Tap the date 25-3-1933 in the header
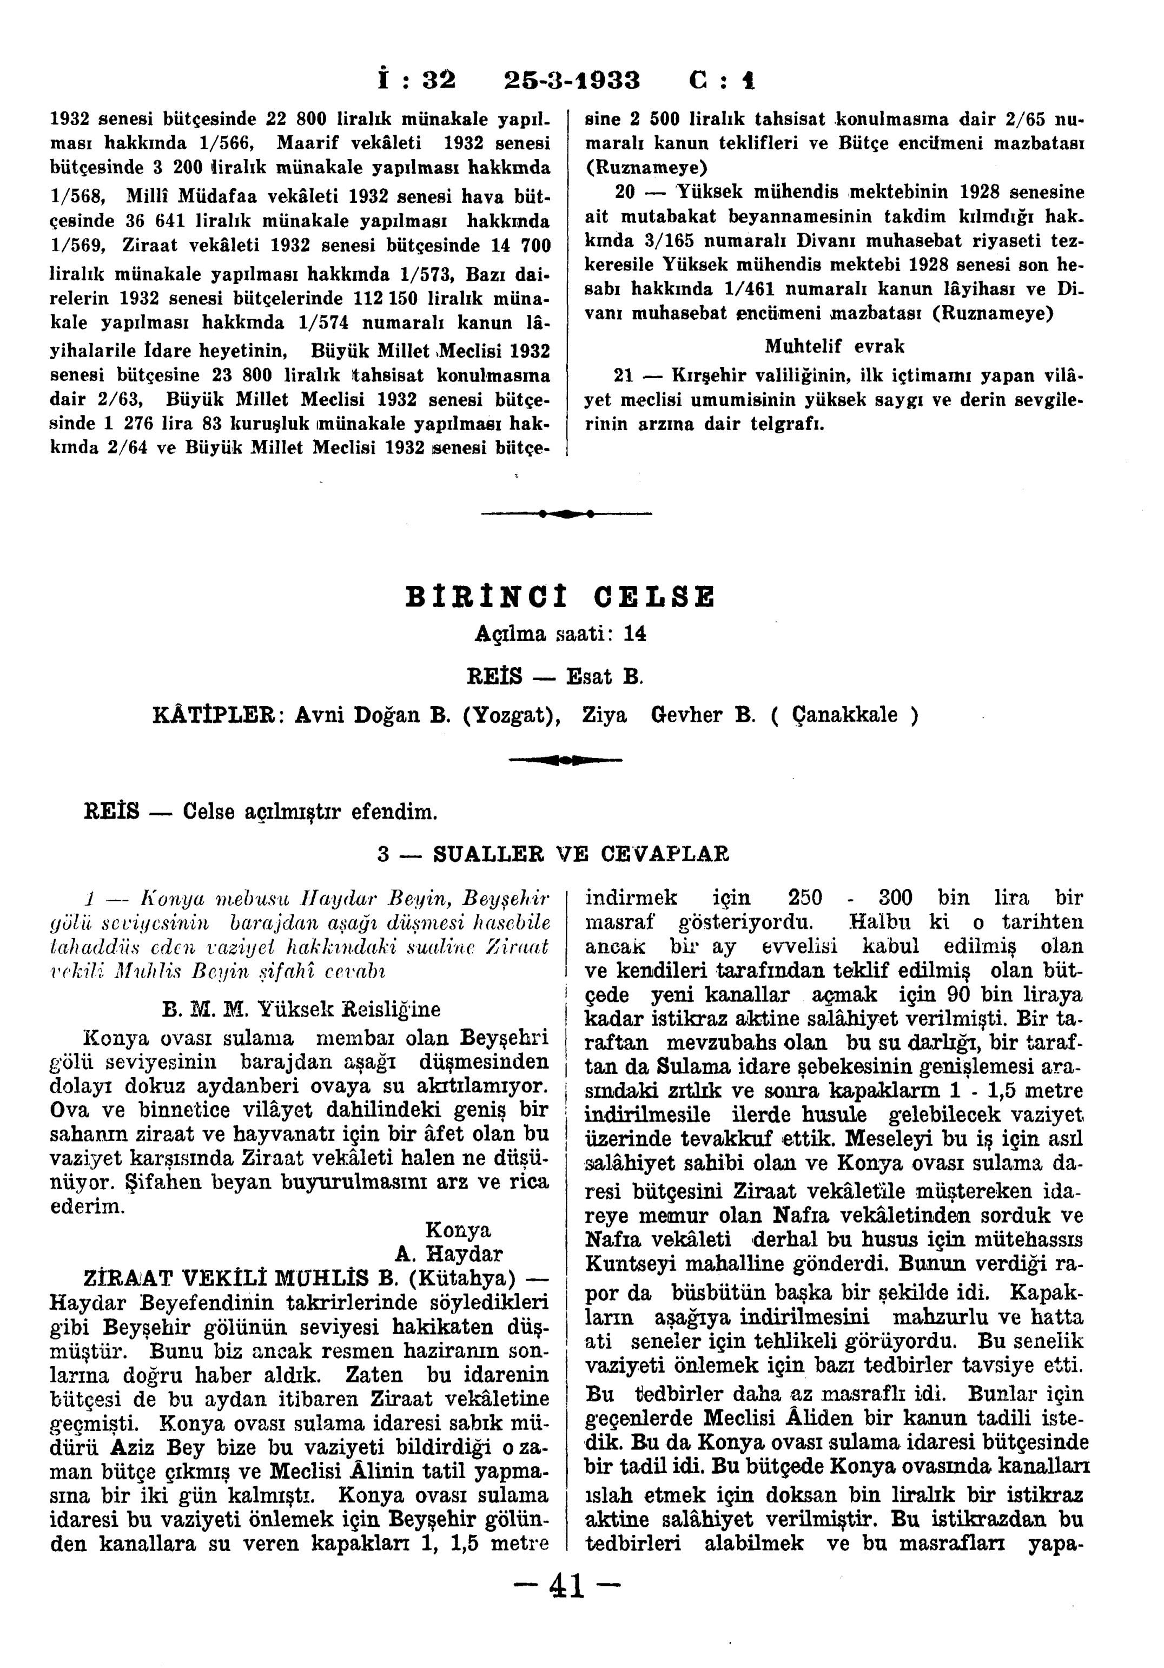(x=572, y=80)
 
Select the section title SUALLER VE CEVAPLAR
(x=581, y=854)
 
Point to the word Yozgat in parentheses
(x=512, y=716)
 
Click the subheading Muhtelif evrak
(x=835, y=347)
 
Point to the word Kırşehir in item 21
(x=702, y=377)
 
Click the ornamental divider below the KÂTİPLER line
(x=566, y=761)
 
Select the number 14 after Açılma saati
(x=634, y=634)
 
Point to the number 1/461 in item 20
(x=752, y=289)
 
